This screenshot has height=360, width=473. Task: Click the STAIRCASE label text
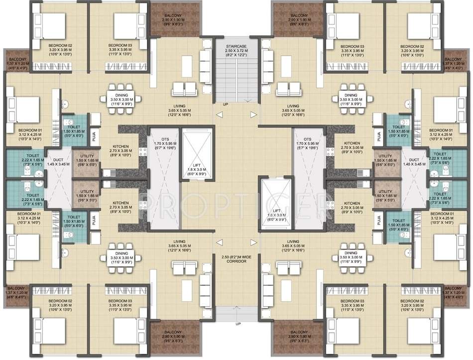[x=236, y=45]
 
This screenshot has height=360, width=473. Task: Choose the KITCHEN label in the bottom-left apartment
[x=120, y=203]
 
